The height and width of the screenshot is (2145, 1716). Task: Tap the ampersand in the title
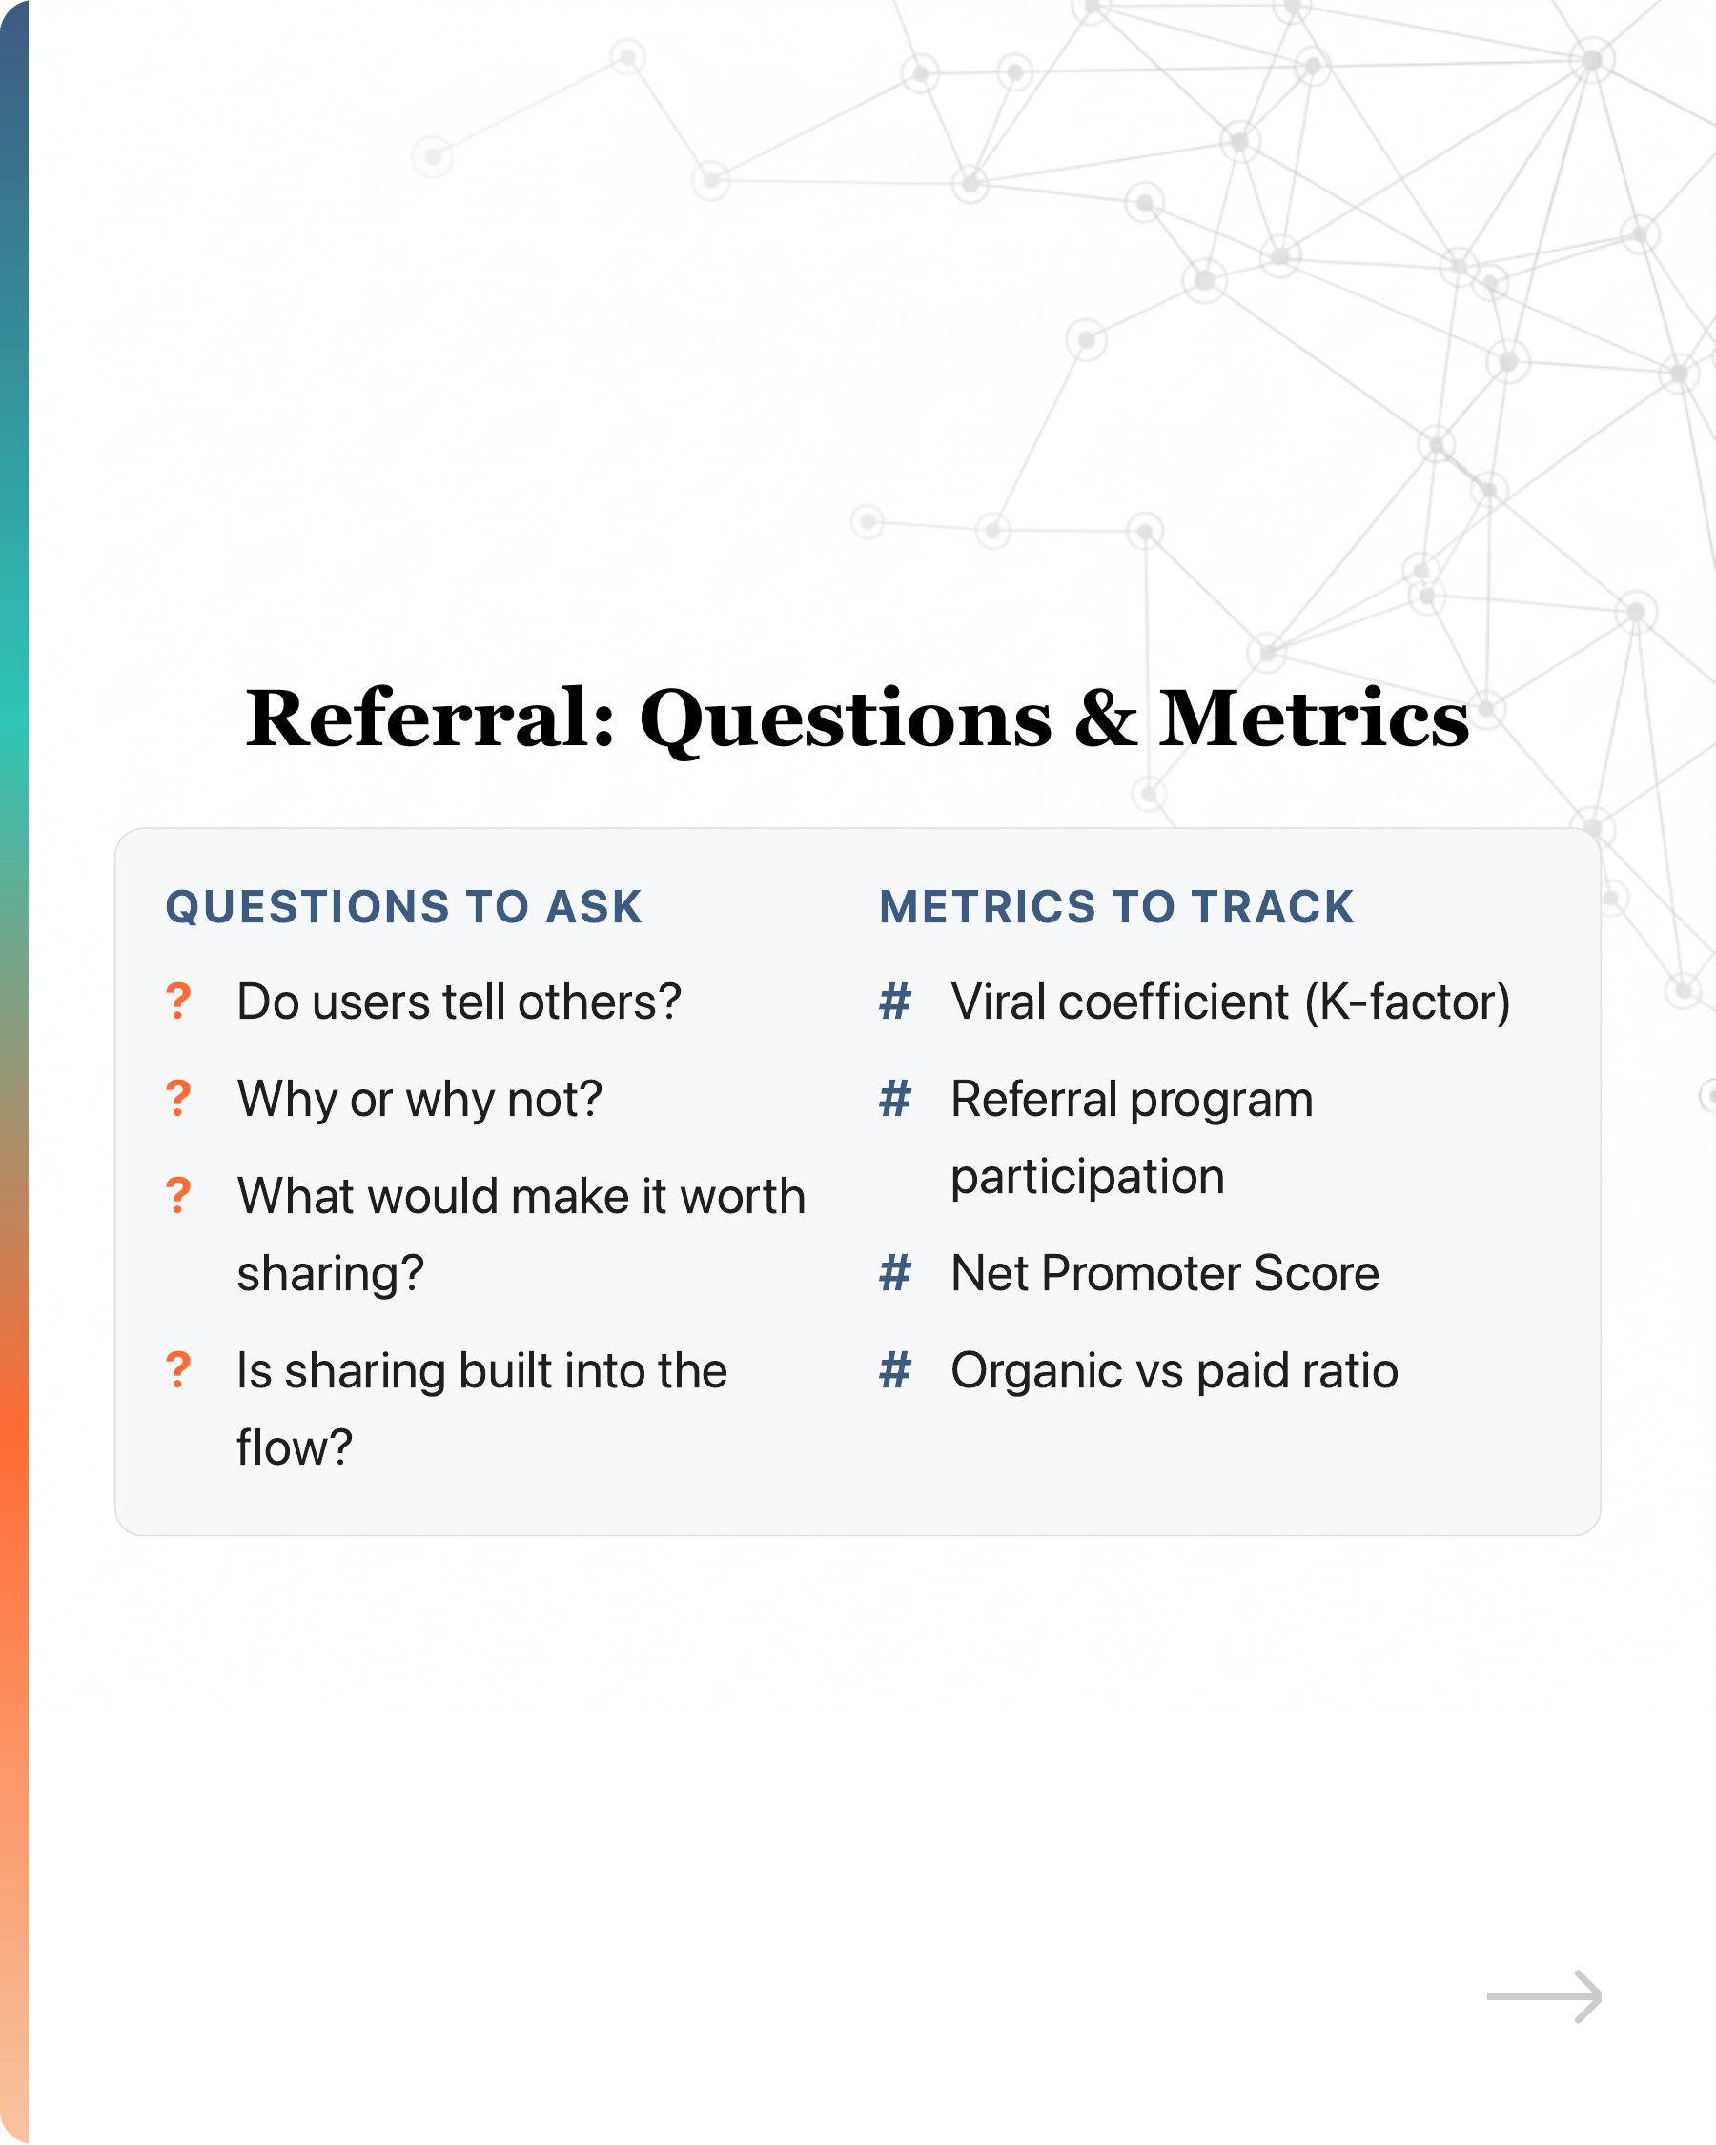click(1105, 718)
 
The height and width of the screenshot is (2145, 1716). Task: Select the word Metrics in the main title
click(1314, 718)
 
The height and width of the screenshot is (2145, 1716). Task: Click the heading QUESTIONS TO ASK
click(404, 907)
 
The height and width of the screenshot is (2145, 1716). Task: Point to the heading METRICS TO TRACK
click(1116, 907)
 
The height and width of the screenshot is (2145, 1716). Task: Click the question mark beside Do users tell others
click(178, 1001)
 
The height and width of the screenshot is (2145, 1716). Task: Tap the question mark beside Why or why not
click(178, 1099)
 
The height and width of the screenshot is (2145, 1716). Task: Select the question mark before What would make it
click(178, 1195)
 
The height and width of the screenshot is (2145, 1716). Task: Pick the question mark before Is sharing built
click(178, 1370)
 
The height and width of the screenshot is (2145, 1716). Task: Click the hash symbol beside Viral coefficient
click(895, 1001)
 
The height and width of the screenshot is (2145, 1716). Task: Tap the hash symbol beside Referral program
click(895, 1099)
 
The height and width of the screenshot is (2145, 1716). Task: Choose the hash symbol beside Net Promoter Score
click(895, 1272)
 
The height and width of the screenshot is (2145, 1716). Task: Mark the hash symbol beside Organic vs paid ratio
click(895, 1370)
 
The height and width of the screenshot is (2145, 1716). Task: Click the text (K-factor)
click(1408, 1002)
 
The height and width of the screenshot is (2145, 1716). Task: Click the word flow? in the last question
click(295, 1447)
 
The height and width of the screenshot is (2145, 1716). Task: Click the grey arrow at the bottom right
click(1543, 1996)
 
